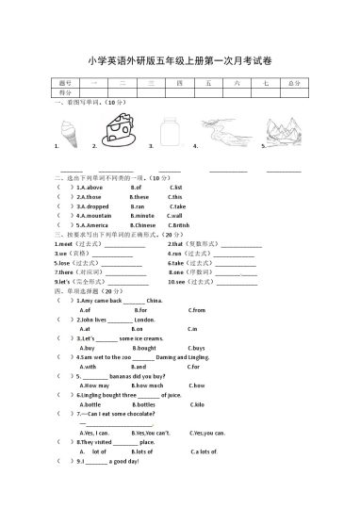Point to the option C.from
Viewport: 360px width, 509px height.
(196, 309)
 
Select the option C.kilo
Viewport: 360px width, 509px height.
(198, 403)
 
